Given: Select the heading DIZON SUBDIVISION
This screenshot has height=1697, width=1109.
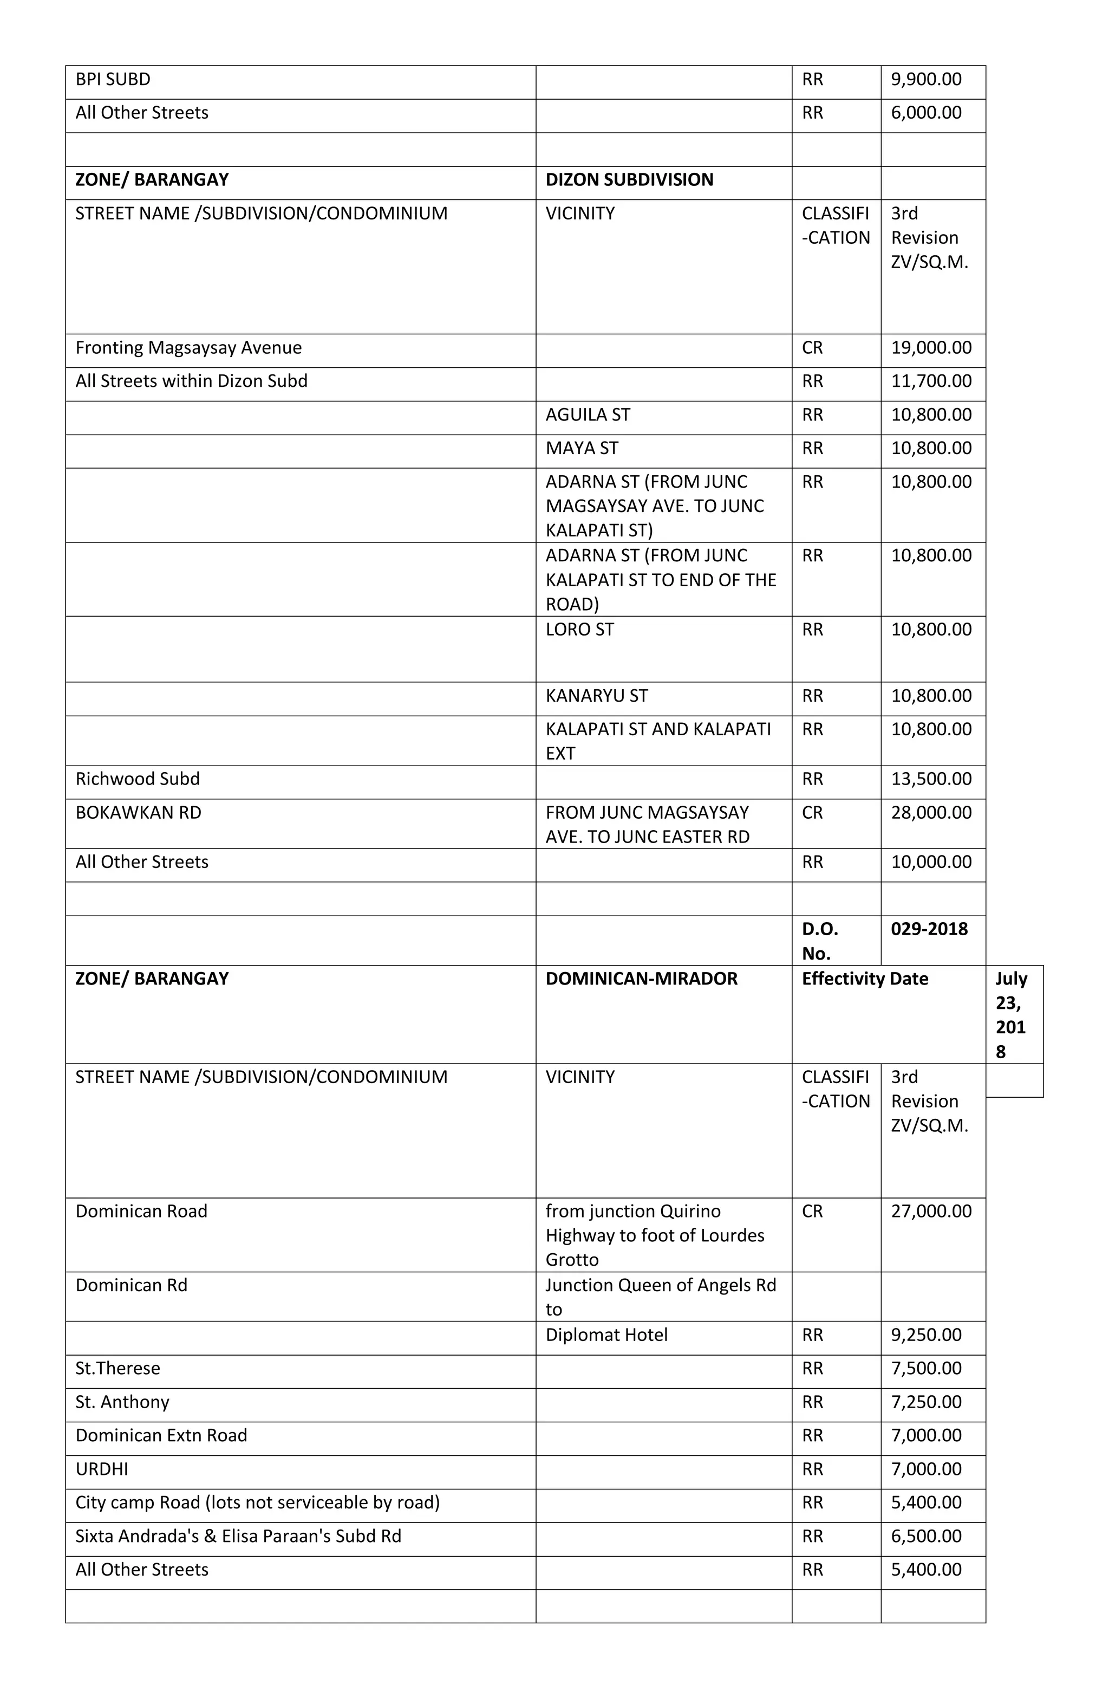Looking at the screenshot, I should tap(629, 180).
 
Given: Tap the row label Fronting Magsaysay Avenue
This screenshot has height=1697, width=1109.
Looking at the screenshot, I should tap(188, 348).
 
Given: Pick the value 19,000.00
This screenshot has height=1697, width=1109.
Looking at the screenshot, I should tap(930, 348).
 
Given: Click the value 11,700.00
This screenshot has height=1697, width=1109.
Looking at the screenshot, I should tap(930, 381).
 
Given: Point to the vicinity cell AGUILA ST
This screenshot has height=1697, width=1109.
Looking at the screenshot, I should tap(588, 415).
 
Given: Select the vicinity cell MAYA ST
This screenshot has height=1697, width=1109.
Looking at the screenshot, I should tap(582, 449).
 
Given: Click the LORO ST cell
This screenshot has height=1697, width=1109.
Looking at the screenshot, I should tap(579, 630).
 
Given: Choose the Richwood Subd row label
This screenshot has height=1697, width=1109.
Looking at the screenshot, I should tap(138, 779).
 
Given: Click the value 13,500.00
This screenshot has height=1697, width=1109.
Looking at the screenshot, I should tap(930, 779).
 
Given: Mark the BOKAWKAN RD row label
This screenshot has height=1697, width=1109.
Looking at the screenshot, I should tap(138, 813).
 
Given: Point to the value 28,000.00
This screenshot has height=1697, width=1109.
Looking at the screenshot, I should tap(930, 813).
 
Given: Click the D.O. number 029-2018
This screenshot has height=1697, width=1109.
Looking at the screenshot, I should tap(928, 929).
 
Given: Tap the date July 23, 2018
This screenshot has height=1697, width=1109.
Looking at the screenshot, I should tap(1010, 1015).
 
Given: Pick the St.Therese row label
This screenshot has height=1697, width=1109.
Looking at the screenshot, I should tap(118, 1368).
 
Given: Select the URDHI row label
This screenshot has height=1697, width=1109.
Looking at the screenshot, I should tap(101, 1469).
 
